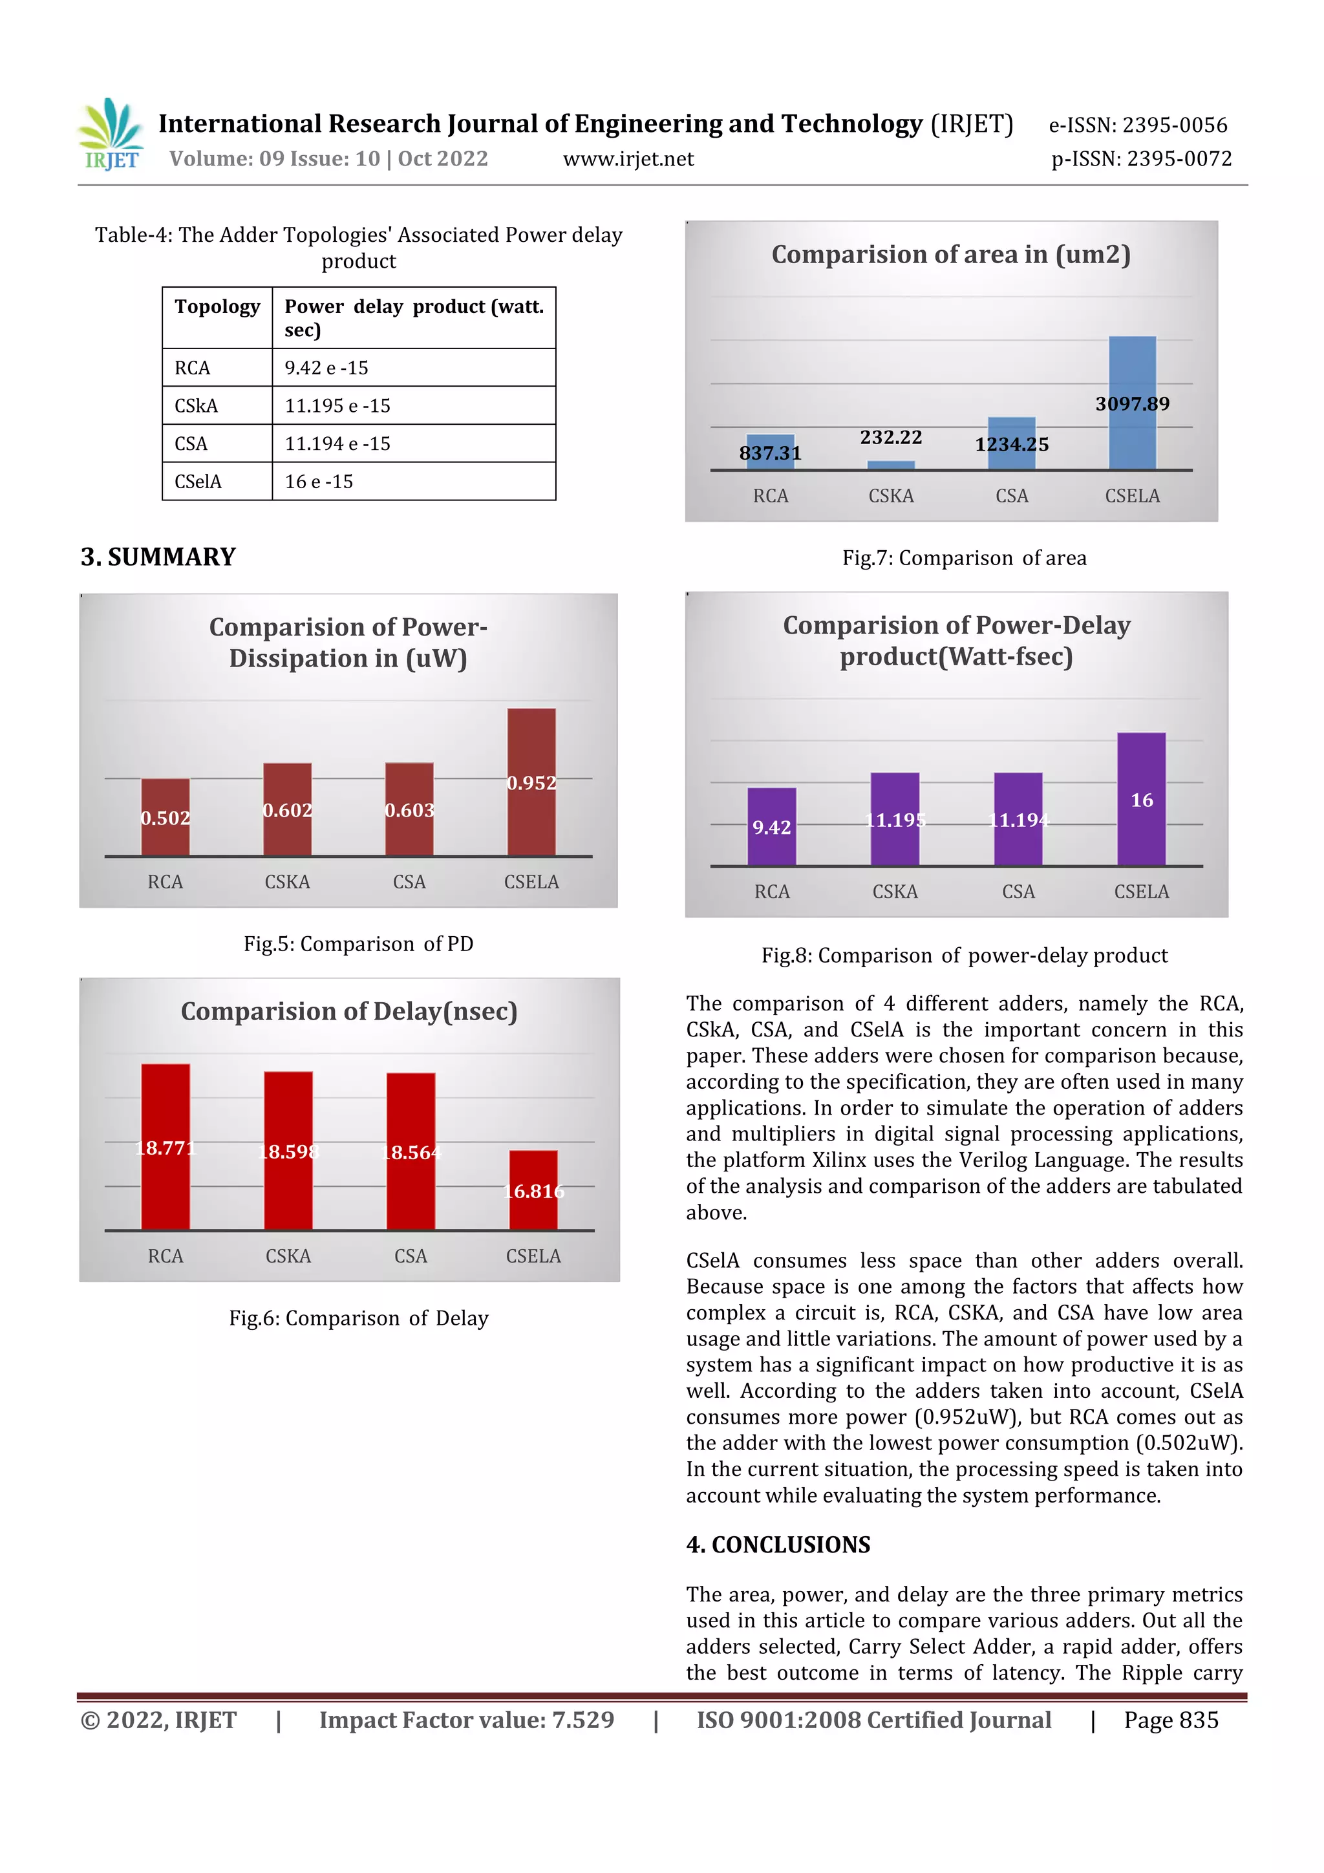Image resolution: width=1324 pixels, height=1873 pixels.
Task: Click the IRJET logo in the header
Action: pyautogui.click(x=111, y=134)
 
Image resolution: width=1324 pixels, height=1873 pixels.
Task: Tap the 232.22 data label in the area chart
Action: pyautogui.click(x=890, y=437)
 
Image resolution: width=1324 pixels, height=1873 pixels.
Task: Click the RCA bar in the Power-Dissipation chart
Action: pyautogui.click(x=165, y=817)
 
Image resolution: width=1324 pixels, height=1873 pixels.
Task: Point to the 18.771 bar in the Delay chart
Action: pyautogui.click(x=165, y=1146)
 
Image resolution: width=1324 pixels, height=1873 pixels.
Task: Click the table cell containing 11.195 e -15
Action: pyautogui.click(x=414, y=405)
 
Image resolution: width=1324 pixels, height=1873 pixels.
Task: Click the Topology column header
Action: pyautogui.click(x=217, y=306)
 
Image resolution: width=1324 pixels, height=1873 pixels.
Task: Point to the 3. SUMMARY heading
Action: pyautogui.click(x=158, y=557)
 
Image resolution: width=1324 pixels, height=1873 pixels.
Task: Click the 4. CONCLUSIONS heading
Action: pyautogui.click(x=778, y=1545)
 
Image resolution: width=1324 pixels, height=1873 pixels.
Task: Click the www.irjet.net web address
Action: pyautogui.click(x=628, y=159)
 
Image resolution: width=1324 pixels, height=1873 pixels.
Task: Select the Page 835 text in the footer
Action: pyautogui.click(x=1170, y=1720)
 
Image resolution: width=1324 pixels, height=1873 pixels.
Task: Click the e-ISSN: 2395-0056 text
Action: pyautogui.click(x=1137, y=125)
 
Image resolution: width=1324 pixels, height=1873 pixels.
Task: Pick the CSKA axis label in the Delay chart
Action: pyautogui.click(x=288, y=1256)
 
